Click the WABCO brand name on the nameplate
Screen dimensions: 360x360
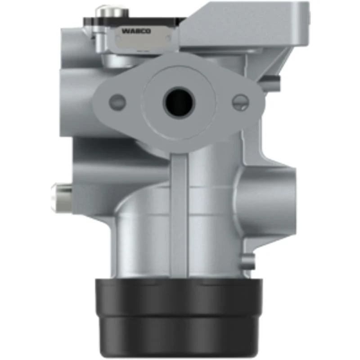pyautogui.click(x=136, y=31)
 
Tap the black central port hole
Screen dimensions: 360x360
pyautogui.click(x=179, y=102)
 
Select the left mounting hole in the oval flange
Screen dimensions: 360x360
pyautogui.click(x=117, y=102)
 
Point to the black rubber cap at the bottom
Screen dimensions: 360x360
pyautogui.click(x=178, y=318)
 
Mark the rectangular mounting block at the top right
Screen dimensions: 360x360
pyautogui.click(x=244, y=25)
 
